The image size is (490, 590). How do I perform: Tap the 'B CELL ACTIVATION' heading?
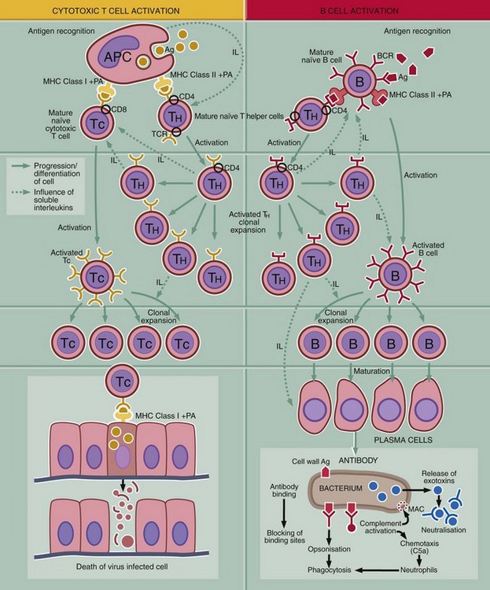[367, 9]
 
